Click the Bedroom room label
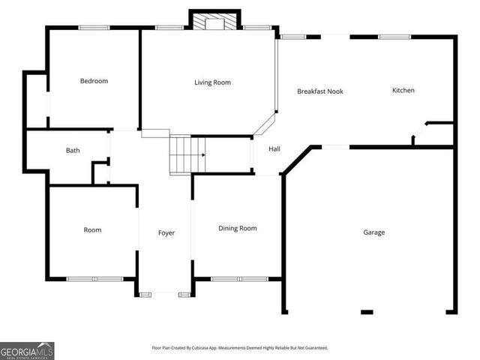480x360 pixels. pyautogui.click(x=94, y=81)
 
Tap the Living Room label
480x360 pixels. pyautogui.click(x=212, y=82)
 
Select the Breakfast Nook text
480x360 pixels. pyautogui.click(x=319, y=91)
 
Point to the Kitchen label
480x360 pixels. pyautogui.click(x=403, y=90)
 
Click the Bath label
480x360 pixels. pyautogui.click(x=73, y=150)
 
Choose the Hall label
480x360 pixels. pyautogui.click(x=274, y=148)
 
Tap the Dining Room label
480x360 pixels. pyautogui.click(x=238, y=228)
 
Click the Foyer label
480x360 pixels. pyautogui.click(x=166, y=233)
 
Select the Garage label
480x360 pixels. pyautogui.click(x=374, y=232)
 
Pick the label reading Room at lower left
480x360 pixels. pyautogui.click(x=92, y=230)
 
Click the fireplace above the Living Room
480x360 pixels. pyautogui.click(x=214, y=21)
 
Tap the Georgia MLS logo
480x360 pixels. pyautogui.click(x=27, y=350)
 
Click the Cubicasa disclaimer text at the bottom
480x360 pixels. pyautogui.click(x=240, y=348)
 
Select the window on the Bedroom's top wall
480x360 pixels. pyautogui.click(x=94, y=28)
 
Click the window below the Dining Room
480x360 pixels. pyautogui.click(x=239, y=279)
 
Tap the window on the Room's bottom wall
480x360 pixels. pyautogui.click(x=94, y=279)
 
